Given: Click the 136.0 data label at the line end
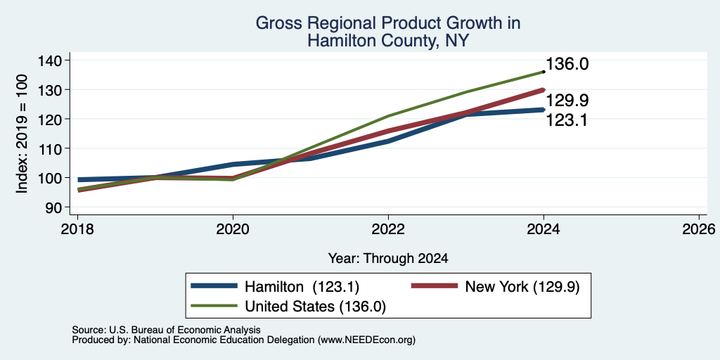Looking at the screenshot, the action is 567,64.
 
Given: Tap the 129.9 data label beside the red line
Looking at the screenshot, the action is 567,101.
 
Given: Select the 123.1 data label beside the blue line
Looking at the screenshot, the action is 567,121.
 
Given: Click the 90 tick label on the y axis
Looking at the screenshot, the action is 53,207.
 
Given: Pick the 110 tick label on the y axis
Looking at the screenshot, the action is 49,148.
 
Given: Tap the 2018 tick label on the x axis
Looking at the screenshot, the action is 77,229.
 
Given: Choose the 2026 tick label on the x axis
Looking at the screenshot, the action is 699,229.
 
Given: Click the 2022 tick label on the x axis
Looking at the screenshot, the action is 388,229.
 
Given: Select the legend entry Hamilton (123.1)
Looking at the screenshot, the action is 275,287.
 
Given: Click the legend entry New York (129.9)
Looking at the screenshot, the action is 495,287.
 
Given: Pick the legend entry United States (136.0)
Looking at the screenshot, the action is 288,307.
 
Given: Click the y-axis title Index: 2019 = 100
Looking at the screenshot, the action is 22,134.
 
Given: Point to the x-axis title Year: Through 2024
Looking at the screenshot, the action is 388,259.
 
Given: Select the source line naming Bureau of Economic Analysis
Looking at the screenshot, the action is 166,330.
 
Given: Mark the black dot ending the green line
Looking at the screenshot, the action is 544,72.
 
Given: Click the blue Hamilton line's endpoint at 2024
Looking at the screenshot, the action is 544,110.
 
